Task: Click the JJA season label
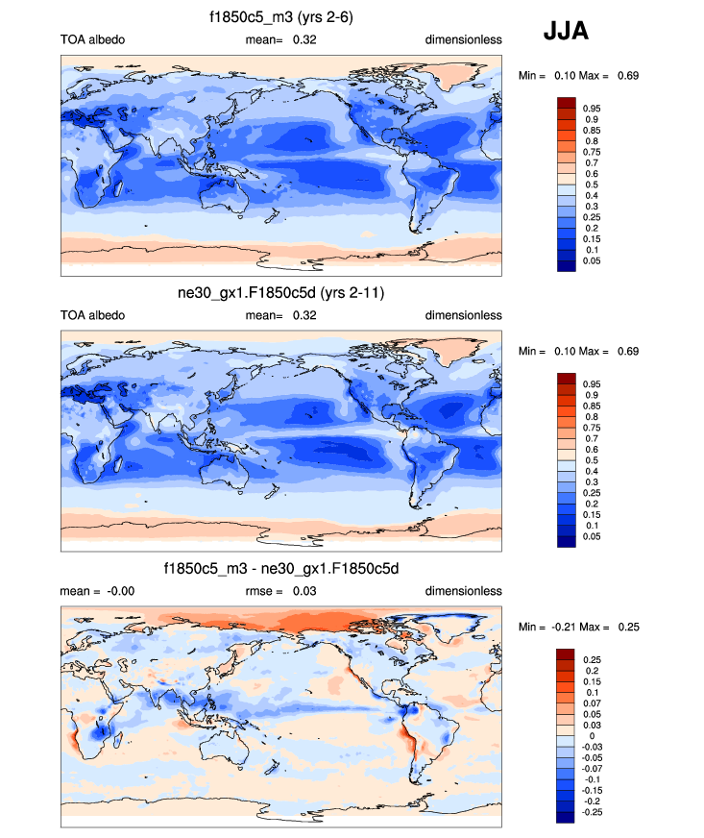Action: pyautogui.click(x=566, y=31)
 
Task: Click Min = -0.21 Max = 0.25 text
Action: pyautogui.click(x=578, y=627)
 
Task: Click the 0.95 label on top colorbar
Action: pyautogui.click(x=592, y=109)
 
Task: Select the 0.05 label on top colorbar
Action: pyautogui.click(x=592, y=260)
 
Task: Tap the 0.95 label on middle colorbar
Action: pyautogui.click(x=592, y=384)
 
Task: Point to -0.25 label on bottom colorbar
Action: pyautogui.click(x=593, y=812)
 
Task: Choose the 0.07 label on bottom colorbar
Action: pyautogui.click(x=592, y=703)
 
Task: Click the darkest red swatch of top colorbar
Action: pyautogui.click(x=566, y=103)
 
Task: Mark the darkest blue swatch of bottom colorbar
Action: pyautogui.click(x=566, y=818)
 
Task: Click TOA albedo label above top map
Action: pyautogui.click(x=92, y=39)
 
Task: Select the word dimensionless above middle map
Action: pyautogui.click(x=464, y=315)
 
